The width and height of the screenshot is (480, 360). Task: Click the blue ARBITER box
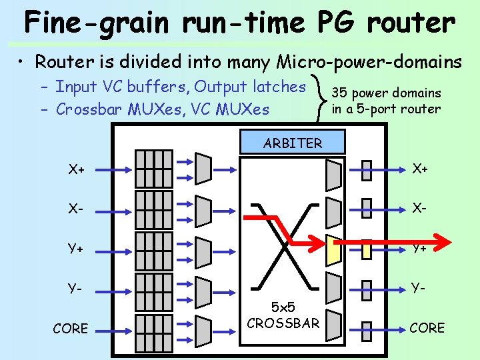[293, 142]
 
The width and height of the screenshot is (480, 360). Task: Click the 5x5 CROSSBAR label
[283, 316]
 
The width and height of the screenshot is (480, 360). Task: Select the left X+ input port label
[77, 169]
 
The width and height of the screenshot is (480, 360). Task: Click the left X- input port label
[75, 209]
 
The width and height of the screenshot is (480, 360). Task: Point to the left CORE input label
[70, 329]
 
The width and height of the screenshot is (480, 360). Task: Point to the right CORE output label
[427, 328]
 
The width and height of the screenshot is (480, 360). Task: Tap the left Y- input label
[75, 289]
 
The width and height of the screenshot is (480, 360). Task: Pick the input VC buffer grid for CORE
[153, 328]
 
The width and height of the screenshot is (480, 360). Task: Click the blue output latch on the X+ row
[366, 170]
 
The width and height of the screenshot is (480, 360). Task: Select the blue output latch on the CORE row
[366, 328]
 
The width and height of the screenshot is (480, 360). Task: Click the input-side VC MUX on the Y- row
[203, 289]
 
